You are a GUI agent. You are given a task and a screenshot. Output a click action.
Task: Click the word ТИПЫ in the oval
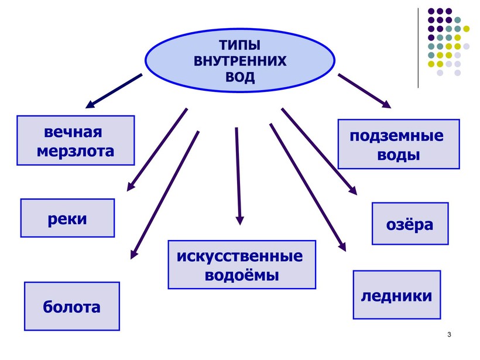[x=240, y=46]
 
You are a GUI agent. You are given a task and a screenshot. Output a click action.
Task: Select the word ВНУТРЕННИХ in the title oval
[x=240, y=61]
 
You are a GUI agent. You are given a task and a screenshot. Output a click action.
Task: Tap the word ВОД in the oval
[x=240, y=77]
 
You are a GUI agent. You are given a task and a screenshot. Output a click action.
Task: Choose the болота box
[x=71, y=306]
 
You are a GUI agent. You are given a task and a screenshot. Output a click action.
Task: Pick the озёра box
[x=410, y=223]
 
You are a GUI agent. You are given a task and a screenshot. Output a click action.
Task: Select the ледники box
[x=396, y=294]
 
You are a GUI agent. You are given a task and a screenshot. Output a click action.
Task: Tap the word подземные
[x=397, y=136]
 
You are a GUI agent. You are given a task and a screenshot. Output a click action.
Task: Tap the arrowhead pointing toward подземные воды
[x=386, y=104]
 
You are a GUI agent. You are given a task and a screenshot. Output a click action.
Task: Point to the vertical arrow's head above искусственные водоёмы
[x=239, y=220]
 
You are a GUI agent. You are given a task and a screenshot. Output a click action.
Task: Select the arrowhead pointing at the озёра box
[x=353, y=190]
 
